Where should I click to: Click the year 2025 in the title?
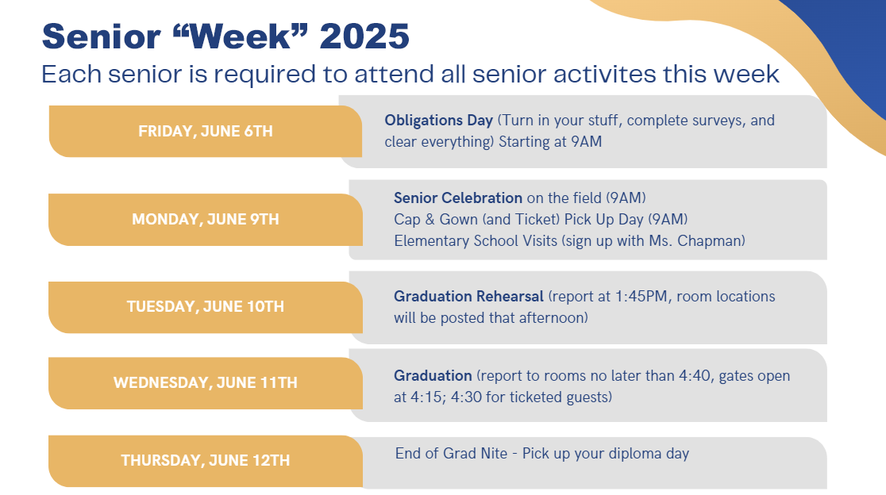click(x=364, y=36)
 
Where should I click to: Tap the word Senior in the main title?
click(x=102, y=36)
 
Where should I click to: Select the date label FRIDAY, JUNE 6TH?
click(x=206, y=131)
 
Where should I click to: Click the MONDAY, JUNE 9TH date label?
click(x=206, y=219)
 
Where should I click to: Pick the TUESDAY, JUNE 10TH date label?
click(x=206, y=306)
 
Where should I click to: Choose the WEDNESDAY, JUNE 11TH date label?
click(x=206, y=382)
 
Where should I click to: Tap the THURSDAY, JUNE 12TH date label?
click(x=206, y=460)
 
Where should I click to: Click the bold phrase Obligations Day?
click(x=439, y=121)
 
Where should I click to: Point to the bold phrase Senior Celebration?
click(x=458, y=198)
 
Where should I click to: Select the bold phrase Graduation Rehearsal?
click(x=469, y=297)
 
